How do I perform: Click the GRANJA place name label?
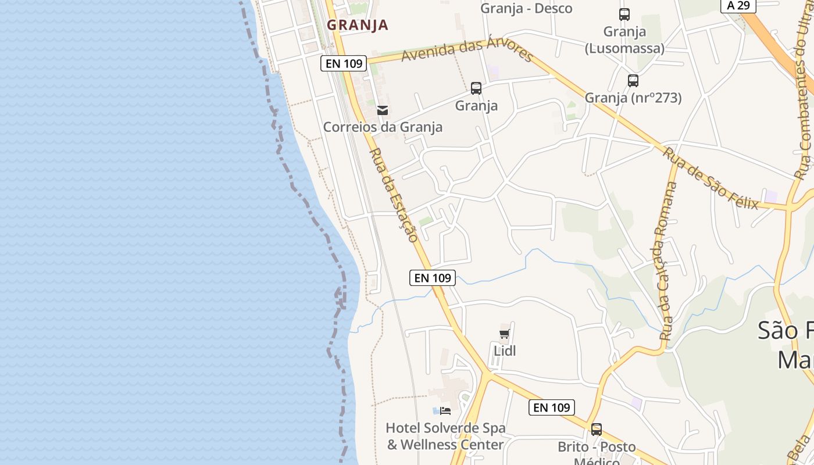click(357, 25)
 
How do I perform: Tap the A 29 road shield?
click(738, 5)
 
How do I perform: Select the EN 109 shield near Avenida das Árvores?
click(344, 63)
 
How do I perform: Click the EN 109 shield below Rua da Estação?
click(432, 278)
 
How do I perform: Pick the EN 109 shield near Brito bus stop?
click(552, 407)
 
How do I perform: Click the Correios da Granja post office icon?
click(383, 110)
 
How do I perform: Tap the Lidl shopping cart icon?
click(504, 334)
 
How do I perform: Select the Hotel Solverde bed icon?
click(445, 410)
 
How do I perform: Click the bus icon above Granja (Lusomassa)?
click(624, 15)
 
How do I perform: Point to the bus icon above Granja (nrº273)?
click(633, 81)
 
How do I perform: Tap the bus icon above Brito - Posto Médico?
click(597, 430)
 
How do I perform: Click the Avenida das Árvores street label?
click(467, 51)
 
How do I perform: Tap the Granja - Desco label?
click(526, 8)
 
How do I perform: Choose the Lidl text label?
click(505, 351)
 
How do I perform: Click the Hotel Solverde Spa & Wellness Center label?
click(445, 437)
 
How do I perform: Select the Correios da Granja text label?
click(383, 127)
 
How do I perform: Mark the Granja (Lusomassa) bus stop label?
click(624, 40)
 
